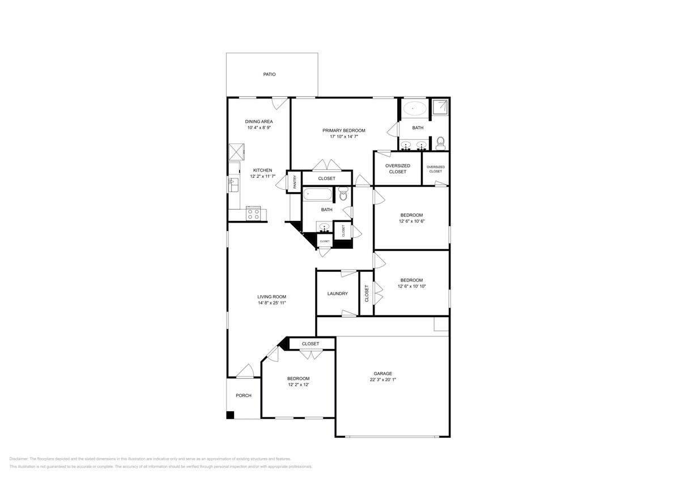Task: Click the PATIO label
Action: coord(269,74)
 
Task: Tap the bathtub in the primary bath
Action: coord(416,108)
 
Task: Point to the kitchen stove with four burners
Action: coord(253,214)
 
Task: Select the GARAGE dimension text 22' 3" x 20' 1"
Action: coord(383,380)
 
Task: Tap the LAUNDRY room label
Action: coord(337,293)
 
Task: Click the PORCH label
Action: coord(244,395)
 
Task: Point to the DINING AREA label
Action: coord(259,121)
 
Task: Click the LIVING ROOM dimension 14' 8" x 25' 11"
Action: coord(271,303)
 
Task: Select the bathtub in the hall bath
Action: coord(317,195)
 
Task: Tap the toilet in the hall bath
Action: coord(342,195)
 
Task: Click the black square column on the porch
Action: coord(230,415)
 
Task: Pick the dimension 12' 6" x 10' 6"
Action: coord(411,221)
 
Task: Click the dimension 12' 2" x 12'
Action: coord(298,385)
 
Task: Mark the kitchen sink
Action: coord(233,184)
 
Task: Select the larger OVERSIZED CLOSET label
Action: coord(397,168)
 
